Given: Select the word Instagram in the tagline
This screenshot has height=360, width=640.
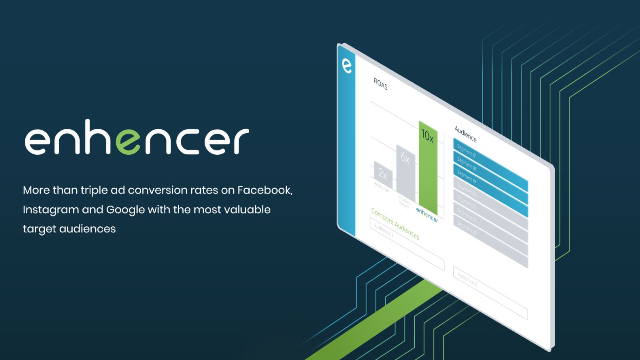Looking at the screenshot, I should [50, 210].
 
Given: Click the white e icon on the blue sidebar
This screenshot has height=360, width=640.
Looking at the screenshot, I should [347, 66].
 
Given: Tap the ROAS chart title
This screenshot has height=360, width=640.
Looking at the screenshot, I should [380, 84].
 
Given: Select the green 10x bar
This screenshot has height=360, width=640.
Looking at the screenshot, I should [428, 168].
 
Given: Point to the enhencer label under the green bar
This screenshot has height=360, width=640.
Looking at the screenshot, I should [427, 215].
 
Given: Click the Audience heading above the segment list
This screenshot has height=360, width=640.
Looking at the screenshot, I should [465, 134].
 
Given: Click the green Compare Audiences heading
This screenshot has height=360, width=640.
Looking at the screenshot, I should [395, 224].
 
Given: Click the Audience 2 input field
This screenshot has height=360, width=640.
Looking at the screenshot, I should [490, 292].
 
